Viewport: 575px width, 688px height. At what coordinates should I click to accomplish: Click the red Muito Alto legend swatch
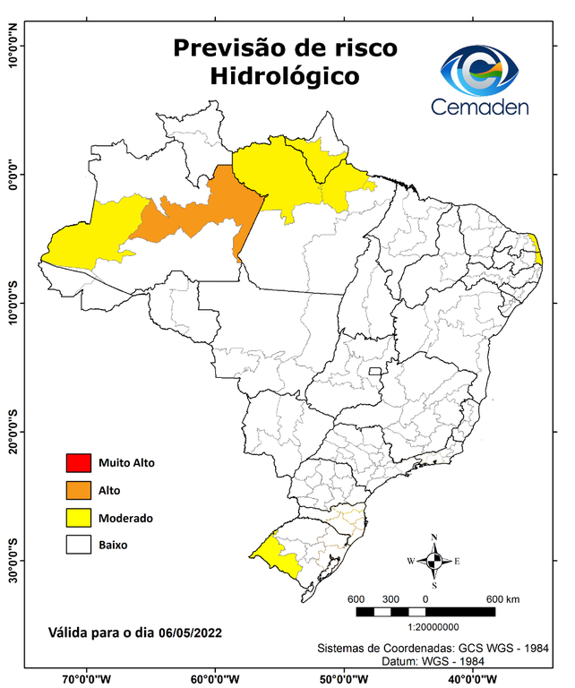coord(78,463)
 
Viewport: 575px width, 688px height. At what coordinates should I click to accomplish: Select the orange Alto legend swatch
coord(78,490)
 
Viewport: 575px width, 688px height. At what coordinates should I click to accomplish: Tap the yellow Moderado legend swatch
coord(78,518)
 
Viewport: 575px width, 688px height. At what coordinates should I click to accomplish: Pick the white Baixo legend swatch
coord(78,545)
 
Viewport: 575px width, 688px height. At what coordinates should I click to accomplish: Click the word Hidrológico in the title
coord(285,77)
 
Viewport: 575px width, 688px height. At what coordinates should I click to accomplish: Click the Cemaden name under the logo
coord(480,107)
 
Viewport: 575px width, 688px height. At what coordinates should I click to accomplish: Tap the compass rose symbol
coord(434,561)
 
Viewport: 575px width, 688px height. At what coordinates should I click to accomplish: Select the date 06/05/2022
coord(185,632)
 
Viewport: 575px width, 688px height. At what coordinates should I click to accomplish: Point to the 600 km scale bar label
coord(502,598)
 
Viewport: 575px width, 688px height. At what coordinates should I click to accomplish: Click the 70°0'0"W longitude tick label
coord(87,678)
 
